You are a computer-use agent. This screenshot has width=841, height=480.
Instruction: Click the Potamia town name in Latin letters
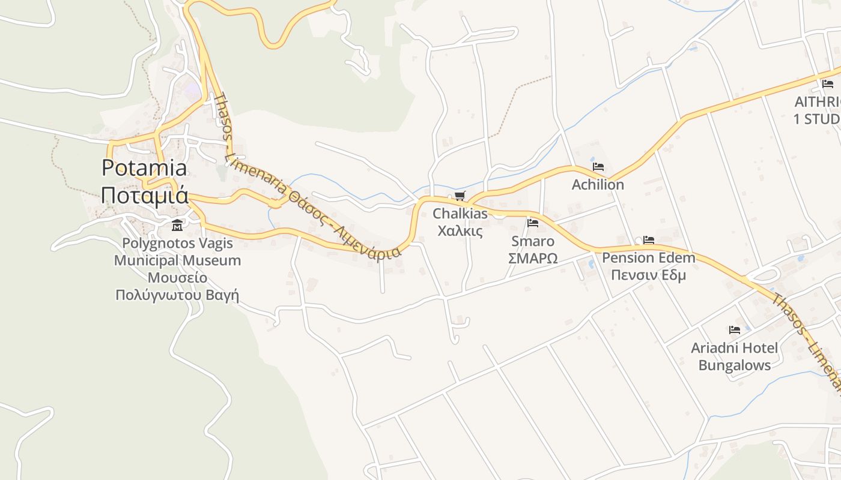(144, 168)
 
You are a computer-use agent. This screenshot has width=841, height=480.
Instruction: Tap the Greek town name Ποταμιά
(144, 196)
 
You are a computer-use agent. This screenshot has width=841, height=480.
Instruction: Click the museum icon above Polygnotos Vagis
(177, 226)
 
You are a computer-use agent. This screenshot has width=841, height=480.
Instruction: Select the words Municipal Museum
(177, 260)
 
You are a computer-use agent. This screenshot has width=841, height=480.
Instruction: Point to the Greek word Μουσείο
(177, 278)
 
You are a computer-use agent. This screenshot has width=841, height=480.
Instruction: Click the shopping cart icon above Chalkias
(460, 196)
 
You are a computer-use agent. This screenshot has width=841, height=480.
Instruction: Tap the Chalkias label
(460, 214)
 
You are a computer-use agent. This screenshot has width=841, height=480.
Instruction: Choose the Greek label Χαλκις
(460, 230)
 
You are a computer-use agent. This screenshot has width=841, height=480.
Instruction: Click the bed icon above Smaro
(533, 223)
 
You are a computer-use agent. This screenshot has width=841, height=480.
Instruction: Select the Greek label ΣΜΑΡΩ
(533, 258)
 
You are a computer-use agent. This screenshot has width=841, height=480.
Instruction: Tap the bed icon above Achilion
(598, 167)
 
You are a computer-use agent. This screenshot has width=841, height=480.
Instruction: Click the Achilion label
(598, 185)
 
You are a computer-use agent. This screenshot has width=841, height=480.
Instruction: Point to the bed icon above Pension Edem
(648, 240)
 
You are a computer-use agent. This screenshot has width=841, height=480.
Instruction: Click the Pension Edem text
(648, 258)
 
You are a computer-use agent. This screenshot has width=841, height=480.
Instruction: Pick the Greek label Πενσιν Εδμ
(648, 275)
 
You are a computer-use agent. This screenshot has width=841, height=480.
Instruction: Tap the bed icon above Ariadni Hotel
(734, 330)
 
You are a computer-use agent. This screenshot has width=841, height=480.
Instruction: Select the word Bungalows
(734, 365)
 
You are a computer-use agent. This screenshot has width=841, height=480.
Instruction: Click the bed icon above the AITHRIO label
(828, 84)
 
